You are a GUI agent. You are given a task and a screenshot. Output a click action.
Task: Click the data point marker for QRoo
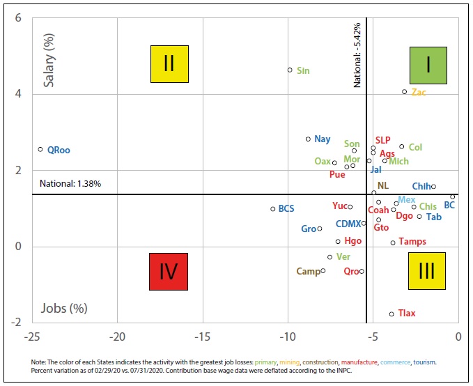[x=40, y=149]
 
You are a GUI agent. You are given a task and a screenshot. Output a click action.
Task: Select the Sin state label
[x=303, y=70]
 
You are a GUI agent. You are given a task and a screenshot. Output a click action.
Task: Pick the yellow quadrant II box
[x=169, y=64]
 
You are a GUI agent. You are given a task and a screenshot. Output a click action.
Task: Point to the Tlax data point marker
[x=391, y=314]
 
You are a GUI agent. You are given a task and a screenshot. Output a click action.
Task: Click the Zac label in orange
[x=419, y=92]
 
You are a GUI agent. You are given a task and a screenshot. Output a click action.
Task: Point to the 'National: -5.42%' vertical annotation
[x=357, y=54]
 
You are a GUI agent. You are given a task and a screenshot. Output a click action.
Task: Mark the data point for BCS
[x=273, y=209]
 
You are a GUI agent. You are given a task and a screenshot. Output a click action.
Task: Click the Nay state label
[x=322, y=139]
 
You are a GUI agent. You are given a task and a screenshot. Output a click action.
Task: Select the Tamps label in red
[x=412, y=242]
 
